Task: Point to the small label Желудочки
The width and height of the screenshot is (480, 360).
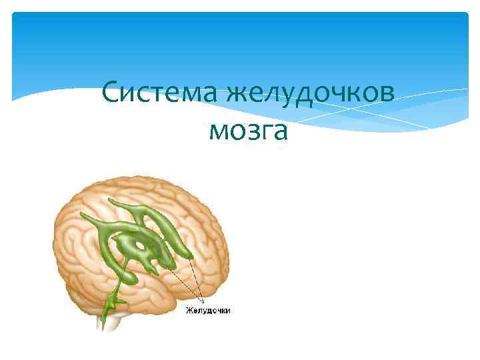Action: point(207,310)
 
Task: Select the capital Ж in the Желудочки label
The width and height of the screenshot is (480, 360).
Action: point(189,310)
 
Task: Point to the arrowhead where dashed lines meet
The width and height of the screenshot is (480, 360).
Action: point(200,300)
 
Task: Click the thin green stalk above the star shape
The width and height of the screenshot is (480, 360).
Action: point(115,289)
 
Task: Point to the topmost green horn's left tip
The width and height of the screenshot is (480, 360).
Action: point(110,201)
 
